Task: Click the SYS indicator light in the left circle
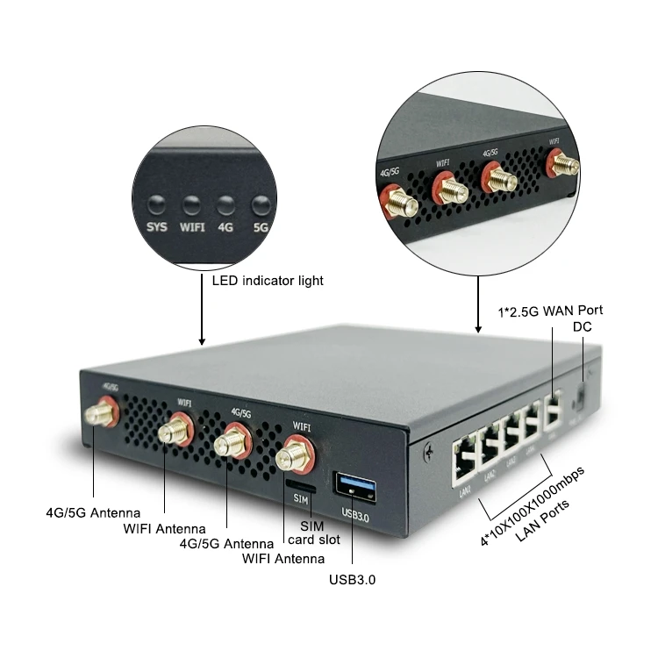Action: click(157, 205)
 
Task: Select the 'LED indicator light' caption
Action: click(268, 281)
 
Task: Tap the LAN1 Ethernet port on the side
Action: click(463, 464)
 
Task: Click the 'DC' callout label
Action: click(583, 326)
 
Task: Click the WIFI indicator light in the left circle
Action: click(191, 205)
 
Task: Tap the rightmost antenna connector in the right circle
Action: click(561, 166)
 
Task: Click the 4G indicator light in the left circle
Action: click(225, 205)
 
